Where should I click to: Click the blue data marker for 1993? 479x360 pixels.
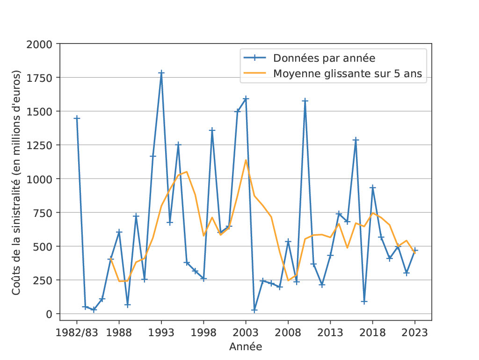click(x=161, y=73)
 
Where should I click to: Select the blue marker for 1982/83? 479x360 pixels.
click(x=77, y=118)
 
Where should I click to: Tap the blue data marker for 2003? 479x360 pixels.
click(x=246, y=99)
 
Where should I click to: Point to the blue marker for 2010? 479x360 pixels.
click(x=305, y=101)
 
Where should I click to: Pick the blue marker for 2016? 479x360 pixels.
click(x=356, y=140)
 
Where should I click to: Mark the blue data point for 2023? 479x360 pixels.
click(x=415, y=251)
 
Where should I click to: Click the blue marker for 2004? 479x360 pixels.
click(x=254, y=310)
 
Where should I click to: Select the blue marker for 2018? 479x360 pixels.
click(x=373, y=187)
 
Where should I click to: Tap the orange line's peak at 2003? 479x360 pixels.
click(x=246, y=160)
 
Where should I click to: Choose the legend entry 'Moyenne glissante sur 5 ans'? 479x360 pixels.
click(x=348, y=73)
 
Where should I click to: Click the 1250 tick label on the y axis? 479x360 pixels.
click(x=42, y=145)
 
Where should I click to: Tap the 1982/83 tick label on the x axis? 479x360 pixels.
click(x=77, y=332)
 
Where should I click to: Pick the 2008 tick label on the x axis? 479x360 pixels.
click(x=288, y=332)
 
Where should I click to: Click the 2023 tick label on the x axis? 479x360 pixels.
click(x=415, y=332)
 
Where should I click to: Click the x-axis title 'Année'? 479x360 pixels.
click(x=246, y=347)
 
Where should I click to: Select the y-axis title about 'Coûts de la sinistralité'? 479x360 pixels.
click(x=16, y=182)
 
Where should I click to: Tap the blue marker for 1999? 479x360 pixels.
click(x=212, y=130)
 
